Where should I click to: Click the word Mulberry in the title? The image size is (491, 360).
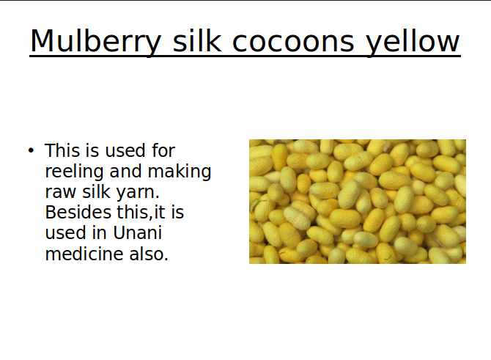pyautogui.click(x=95, y=41)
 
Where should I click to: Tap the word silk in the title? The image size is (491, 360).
pyautogui.click(x=197, y=40)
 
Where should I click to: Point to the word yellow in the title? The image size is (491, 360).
pyautogui.click(x=413, y=41)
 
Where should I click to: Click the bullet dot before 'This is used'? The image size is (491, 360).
pyautogui.click(x=31, y=151)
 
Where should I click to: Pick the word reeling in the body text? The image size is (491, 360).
pyautogui.click(x=74, y=172)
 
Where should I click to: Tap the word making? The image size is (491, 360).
pyautogui.click(x=180, y=172)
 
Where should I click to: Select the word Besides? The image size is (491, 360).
pyautogui.click(x=78, y=212)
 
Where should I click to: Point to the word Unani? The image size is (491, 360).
pyautogui.click(x=138, y=233)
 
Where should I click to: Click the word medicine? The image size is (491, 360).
pyautogui.click(x=84, y=254)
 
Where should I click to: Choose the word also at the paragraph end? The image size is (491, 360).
pyautogui.click(x=149, y=254)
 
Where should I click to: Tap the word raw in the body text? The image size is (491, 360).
pyautogui.click(x=61, y=192)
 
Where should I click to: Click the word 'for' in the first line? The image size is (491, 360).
pyautogui.click(x=163, y=150)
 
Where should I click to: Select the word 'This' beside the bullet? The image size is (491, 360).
pyautogui.click(x=62, y=150)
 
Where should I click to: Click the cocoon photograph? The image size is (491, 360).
pyautogui.click(x=358, y=202)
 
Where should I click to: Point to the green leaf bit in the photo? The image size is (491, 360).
pyautogui.click(x=256, y=204)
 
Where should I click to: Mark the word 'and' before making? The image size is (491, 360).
pyautogui.click(x=125, y=171)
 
